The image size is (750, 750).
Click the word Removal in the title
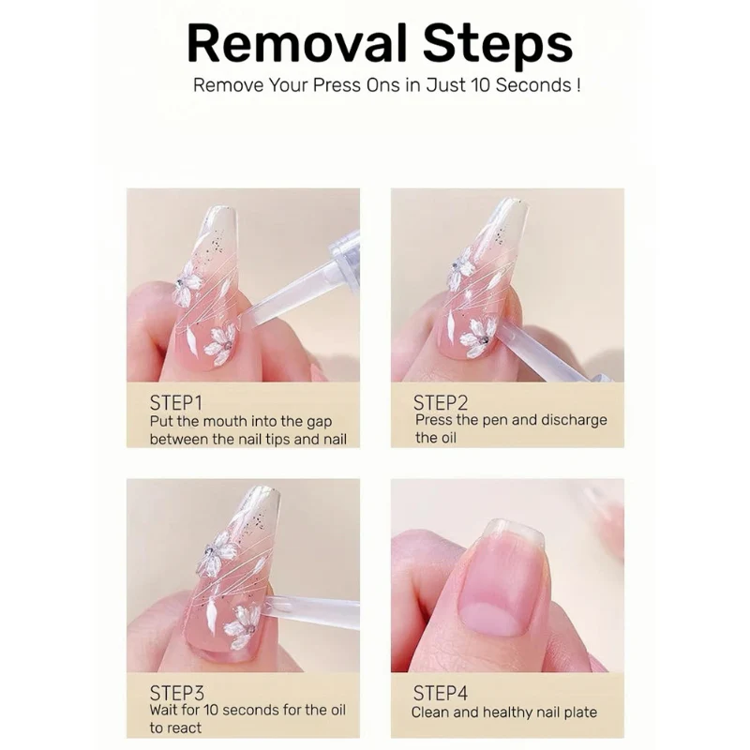(x=295, y=43)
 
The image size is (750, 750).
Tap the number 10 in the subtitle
(x=488, y=85)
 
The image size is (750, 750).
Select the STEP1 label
(x=175, y=403)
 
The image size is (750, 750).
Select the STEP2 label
(x=441, y=403)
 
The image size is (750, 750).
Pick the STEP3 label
(x=176, y=693)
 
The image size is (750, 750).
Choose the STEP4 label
(x=442, y=694)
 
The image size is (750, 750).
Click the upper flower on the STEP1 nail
(x=188, y=283)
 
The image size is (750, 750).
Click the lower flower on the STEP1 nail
(x=220, y=343)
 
